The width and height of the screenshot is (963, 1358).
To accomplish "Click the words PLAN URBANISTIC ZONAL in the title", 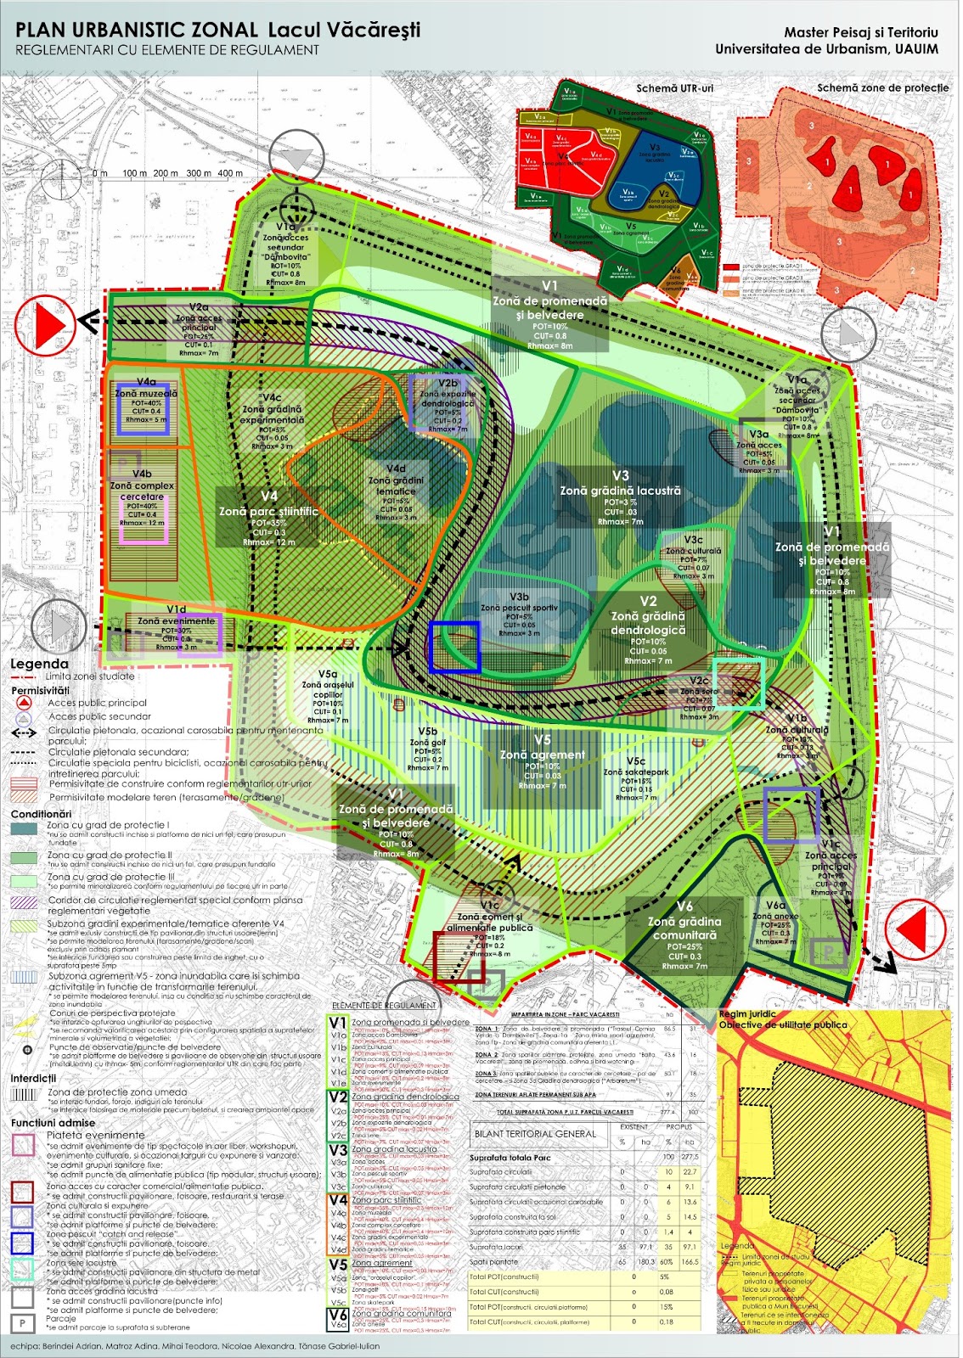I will click(x=136, y=30).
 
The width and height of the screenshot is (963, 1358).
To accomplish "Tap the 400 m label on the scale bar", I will click(x=230, y=173).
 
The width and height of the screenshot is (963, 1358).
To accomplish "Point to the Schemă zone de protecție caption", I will click(x=882, y=87).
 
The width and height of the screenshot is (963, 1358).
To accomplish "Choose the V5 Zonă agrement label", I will click(x=542, y=748).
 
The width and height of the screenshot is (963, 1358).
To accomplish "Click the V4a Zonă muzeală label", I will click(x=146, y=393).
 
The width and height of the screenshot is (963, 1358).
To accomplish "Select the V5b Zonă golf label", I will click(x=427, y=737).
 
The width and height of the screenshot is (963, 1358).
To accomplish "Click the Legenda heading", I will click(x=39, y=664).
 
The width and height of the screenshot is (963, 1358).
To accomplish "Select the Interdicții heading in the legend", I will click(x=33, y=1078).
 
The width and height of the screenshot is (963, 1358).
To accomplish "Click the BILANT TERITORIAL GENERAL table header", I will click(x=535, y=1133).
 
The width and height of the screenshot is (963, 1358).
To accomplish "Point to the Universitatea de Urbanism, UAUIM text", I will click(x=826, y=49).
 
